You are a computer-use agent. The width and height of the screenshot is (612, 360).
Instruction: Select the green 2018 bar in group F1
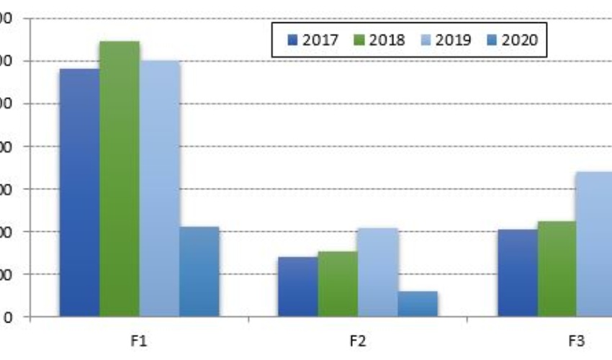click(120, 179)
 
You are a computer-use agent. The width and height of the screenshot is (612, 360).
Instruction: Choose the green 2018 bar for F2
click(338, 284)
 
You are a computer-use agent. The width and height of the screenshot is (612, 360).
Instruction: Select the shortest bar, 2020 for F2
click(418, 304)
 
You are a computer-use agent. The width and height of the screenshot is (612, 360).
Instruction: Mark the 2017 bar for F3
click(517, 273)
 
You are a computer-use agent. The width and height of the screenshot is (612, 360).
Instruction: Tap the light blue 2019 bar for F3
click(595, 244)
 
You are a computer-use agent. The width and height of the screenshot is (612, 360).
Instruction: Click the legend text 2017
click(320, 40)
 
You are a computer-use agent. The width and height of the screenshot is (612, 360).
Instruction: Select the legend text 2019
click(453, 40)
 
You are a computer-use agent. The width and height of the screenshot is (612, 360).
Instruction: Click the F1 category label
click(140, 341)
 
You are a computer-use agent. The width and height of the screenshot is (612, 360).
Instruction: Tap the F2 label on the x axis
click(358, 341)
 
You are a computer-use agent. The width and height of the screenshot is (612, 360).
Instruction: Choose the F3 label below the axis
click(576, 341)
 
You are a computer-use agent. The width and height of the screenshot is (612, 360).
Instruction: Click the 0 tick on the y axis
click(6, 317)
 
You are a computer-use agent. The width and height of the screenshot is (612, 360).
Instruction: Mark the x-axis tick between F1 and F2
click(248, 320)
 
